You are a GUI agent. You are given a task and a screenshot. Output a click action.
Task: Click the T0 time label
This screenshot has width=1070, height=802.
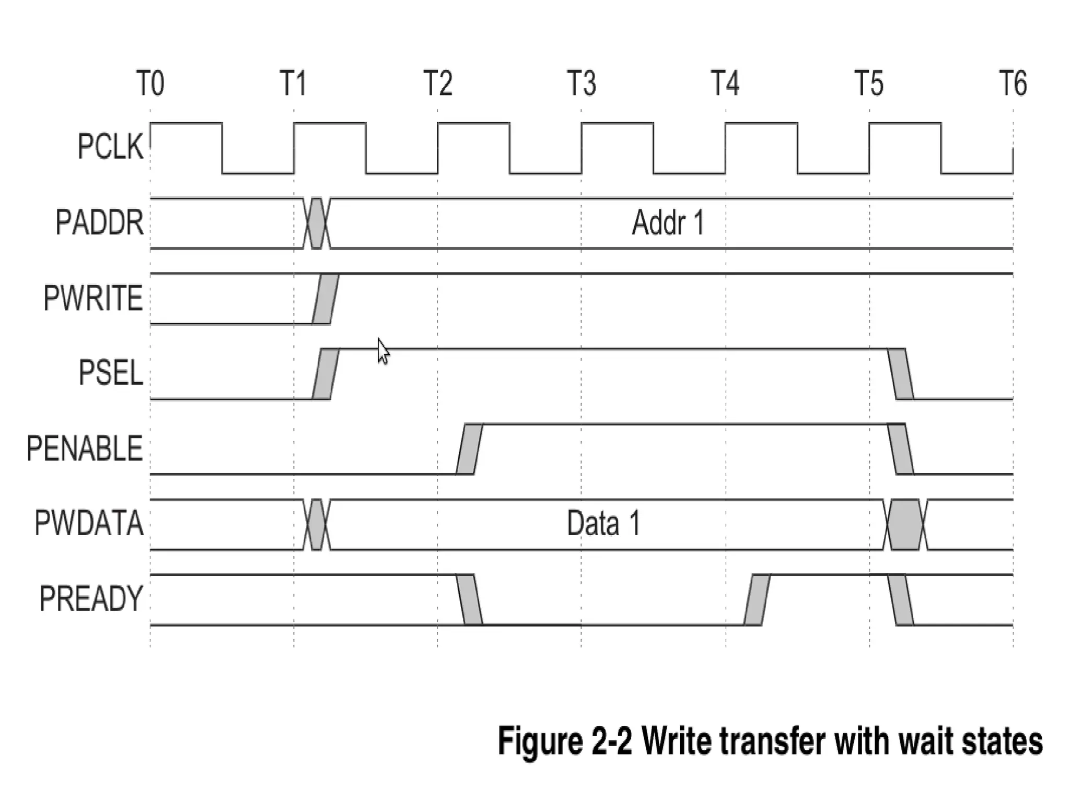(x=150, y=84)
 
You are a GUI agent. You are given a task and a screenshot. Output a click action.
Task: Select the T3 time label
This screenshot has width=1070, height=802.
(x=581, y=84)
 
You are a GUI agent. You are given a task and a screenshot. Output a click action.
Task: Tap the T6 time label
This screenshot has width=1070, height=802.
(x=1013, y=84)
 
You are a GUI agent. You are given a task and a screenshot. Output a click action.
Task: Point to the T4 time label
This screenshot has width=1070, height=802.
(x=725, y=84)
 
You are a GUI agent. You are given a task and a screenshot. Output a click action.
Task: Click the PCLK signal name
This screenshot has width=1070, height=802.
(x=110, y=147)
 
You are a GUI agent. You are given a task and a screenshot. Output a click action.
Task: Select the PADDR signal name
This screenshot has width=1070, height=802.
(x=99, y=223)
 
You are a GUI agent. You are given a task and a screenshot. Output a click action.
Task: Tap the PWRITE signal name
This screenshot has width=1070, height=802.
(x=93, y=298)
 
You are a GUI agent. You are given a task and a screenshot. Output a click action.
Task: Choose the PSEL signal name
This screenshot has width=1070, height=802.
(x=110, y=373)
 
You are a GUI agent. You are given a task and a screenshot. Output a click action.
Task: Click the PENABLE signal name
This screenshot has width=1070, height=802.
(x=85, y=449)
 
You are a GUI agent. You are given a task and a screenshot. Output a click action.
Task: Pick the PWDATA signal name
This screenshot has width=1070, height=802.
(x=89, y=523)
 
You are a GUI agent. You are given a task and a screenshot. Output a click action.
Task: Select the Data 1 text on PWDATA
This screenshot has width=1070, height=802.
(x=603, y=524)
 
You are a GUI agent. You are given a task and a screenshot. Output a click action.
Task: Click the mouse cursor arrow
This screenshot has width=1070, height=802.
(x=383, y=351)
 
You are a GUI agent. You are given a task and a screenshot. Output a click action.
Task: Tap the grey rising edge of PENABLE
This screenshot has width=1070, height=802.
(x=469, y=449)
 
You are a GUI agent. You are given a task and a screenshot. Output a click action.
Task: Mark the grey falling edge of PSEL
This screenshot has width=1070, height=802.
(x=901, y=374)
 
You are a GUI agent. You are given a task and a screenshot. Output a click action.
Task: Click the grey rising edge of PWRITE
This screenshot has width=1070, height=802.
(x=325, y=299)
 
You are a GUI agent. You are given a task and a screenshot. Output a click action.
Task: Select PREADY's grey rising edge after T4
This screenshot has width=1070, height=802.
(x=757, y=599)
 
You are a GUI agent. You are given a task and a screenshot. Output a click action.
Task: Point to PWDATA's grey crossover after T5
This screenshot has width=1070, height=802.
(x=905, y=524)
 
